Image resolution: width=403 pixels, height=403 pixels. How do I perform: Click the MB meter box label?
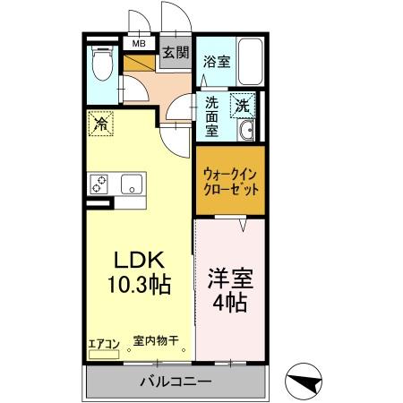click(x=140, y=42)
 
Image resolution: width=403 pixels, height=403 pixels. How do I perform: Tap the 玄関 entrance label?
click(x=175, y=52)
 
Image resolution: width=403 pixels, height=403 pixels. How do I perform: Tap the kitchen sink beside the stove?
click(x=133, y=184)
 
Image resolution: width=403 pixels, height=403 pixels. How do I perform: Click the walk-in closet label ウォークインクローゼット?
click(x=231, y=182)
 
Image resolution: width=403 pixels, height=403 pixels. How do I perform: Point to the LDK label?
click(x=138, y=260)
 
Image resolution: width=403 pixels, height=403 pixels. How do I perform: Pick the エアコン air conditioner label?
click(x=103, y=341)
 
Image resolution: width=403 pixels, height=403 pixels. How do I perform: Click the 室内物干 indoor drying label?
click(x=156, y=340)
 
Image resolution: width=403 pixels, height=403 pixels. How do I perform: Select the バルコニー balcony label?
click(x=176, y=383)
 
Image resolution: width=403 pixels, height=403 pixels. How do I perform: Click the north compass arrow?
click(x=304, y=382)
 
